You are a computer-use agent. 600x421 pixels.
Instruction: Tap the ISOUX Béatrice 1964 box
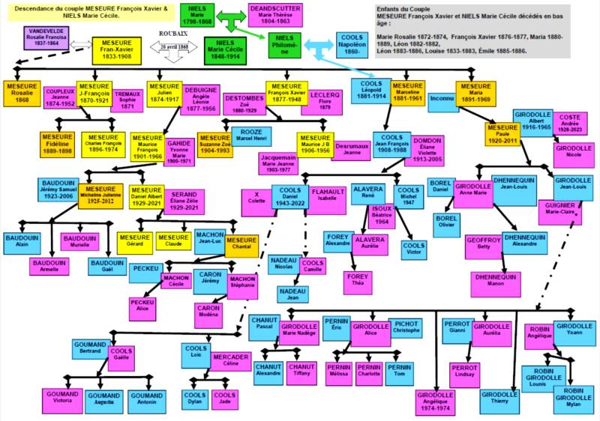pyautogui.click(x=382, y=214)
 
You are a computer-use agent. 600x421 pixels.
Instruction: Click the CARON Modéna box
pyautogui.click(x=208, y=315)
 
